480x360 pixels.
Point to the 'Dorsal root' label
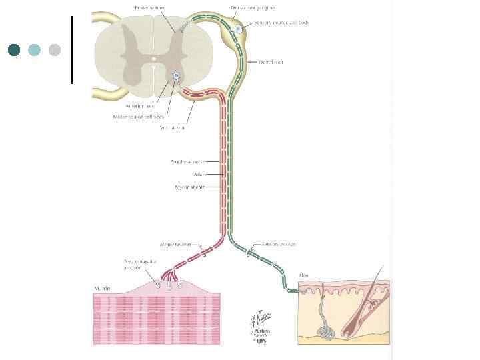271,62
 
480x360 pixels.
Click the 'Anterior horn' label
141,106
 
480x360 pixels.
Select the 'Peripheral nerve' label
186,161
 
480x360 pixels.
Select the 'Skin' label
304,275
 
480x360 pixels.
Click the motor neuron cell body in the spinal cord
177,75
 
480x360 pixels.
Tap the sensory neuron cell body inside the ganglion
237,29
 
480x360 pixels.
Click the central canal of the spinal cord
153,59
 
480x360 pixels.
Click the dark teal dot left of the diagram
14,49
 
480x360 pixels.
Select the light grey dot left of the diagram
55,49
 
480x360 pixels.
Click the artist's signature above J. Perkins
259,317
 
